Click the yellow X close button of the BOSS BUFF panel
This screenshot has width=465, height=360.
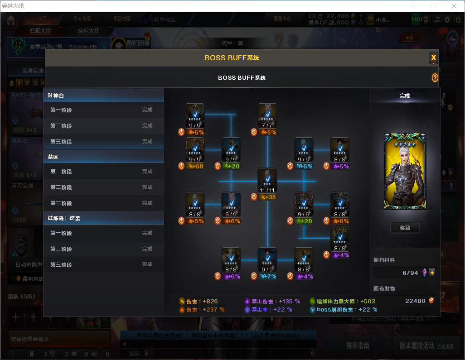tap(433, 58)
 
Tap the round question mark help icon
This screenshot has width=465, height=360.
tap(435, 78)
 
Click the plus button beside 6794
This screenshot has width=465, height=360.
tap(432, 273)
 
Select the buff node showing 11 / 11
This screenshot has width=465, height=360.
tap(267, 180)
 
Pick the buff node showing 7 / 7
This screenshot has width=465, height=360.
tap(267, 115)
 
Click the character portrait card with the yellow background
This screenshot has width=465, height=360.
tap(405, 171)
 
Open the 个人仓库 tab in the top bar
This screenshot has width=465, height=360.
tap(82, 19)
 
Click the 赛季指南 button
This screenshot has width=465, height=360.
tap(357, 346)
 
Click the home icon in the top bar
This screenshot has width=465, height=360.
tap(11, 20)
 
